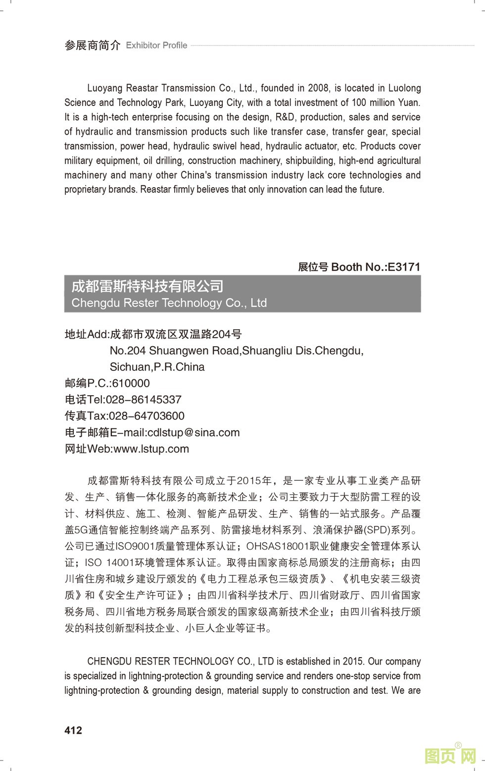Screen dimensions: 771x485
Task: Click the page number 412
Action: click(x=73, y=730)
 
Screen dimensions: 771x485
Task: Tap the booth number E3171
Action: click(x=404, y=267)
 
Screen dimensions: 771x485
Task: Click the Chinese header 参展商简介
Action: click(x=93, y=46)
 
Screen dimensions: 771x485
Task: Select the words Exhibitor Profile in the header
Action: click(x=156, y=46)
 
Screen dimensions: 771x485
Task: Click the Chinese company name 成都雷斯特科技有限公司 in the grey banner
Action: click(x=147, y=286)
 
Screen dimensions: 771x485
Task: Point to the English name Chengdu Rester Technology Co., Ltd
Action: click(x=169, y=303)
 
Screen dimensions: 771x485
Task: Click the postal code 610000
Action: click(x=131, y=383)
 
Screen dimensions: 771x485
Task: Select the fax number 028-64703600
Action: click(x=146, y=416)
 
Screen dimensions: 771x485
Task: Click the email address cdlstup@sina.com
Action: click(x=194, y=432)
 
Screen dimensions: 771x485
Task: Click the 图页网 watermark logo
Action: click(x=450, y=756)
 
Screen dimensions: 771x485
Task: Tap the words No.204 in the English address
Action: click(x=128, y=351)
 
